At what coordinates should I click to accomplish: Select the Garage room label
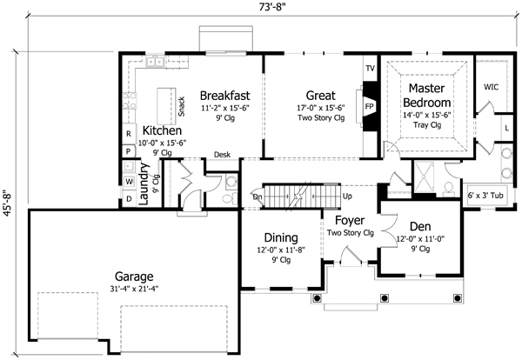[133, 277]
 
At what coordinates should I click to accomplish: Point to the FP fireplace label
[369, 107]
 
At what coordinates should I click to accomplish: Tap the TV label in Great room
[369, 68]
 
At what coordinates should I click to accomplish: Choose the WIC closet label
[490, 88]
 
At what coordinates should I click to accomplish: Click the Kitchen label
[163, 131]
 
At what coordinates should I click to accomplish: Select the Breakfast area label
[225, 95]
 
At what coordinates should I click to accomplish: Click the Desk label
[221, 154]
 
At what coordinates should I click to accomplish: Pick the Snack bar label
[181, 106]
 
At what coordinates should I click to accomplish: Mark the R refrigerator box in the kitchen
[128, 134]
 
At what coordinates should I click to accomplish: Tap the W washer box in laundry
[128, 181]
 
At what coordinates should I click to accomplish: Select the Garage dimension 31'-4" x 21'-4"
[133, 290]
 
